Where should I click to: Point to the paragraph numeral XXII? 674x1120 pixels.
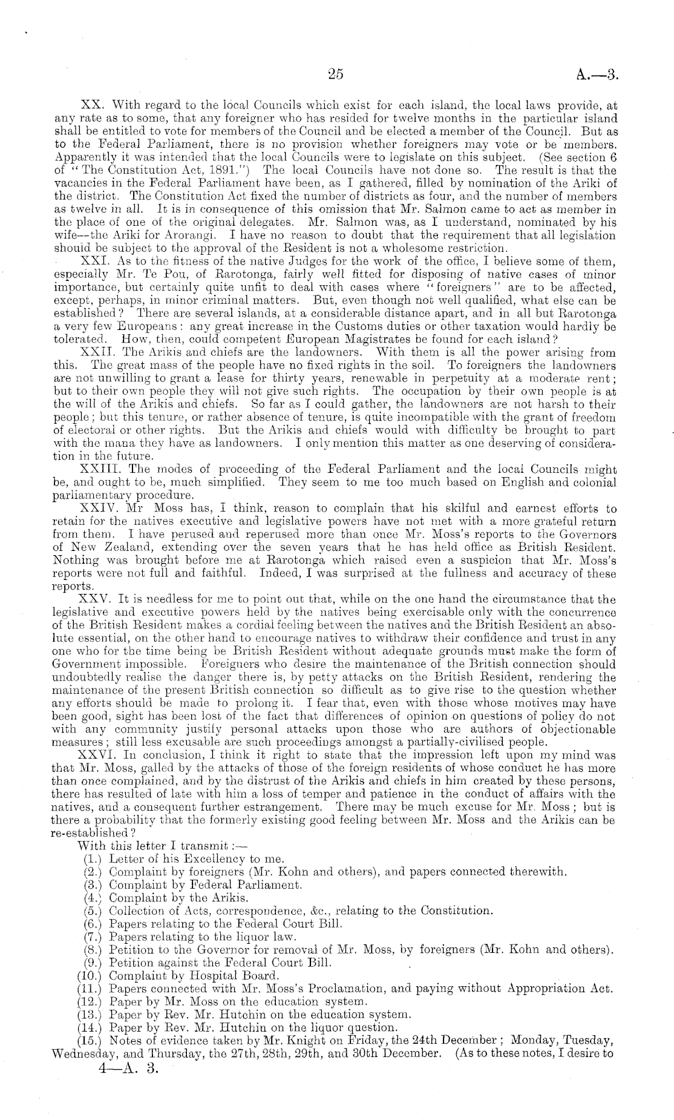99,352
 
